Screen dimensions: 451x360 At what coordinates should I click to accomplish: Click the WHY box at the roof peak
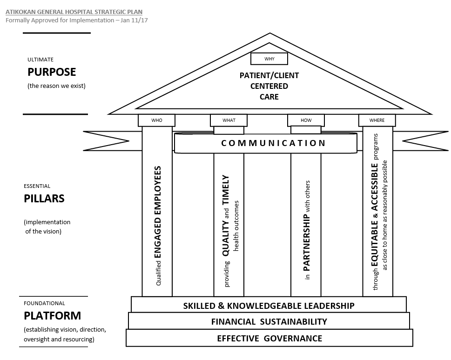click(x=269, y=59)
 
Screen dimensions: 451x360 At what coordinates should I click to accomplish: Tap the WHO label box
click(x=156, y=120)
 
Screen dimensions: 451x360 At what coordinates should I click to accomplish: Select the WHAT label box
click(x=229, y=120)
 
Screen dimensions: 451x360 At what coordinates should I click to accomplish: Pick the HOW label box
click(x=306, y=120)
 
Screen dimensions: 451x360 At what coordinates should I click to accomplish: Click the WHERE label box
click(x=377, y=120)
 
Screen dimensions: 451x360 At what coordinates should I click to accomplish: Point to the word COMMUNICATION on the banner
click(x=273, y=143)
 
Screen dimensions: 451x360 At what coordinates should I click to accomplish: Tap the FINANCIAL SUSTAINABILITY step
click(x=269, y=321)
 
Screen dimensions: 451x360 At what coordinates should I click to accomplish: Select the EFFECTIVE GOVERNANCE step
click(x=269, y=338)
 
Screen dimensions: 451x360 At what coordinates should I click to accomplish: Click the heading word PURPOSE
click(x=52, y=72)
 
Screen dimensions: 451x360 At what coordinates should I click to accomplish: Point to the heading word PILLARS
click(x=44, y=199)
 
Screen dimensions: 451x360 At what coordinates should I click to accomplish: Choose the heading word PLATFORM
click(x=52, y=316)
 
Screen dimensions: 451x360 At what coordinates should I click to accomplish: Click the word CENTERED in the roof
click(x=269, y=86)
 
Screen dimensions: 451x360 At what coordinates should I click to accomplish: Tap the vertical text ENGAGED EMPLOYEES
click(x=158, y=212)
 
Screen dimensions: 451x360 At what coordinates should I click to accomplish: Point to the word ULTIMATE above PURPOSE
click(x=40, y=60)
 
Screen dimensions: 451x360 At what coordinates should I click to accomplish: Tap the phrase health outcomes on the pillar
click(x=236, y=226)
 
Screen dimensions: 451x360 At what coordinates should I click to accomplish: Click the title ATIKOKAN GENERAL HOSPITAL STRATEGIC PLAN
click(x=74, y=12)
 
